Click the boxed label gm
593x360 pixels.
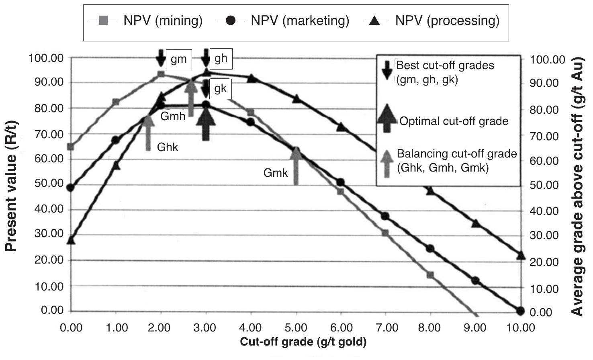click(x=179, y=59)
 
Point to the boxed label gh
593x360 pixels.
click(x=221, y=58)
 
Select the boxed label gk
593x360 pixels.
click(x=221, y=89)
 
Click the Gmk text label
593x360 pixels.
click(x=276, y=173)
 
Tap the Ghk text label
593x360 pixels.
click(x=168, y=147)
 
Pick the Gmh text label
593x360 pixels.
click(x=173, y=117)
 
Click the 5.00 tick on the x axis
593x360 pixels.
click(x=296, y=328)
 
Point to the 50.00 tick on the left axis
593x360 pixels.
click(x=46, y=183)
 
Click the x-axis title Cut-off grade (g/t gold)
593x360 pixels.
click(x=303, y=342)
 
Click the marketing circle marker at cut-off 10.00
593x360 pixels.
click(x=521, y=311)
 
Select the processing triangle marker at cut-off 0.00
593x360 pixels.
click(x=71, y=240)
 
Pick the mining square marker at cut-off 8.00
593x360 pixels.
click(x=430, y=275)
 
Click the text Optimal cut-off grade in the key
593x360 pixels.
click(x=454, y=121)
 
